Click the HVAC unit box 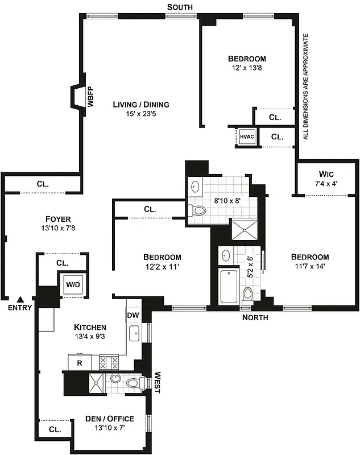click(247, 136)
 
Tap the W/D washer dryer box click(72, 284)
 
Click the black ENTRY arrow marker click(20, 299)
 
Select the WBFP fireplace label click(90, 97)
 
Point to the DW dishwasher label click(133, 315)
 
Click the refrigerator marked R click(79, 362)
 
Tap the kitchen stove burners click(109, 362)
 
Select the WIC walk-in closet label click(326, 173)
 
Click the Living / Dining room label click(140, 105)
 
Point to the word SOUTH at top click(180, 7)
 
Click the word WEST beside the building click(158, 383)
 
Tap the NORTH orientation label click(255, 317)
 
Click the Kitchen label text click(90, 327)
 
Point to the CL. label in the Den click(55, 429)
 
